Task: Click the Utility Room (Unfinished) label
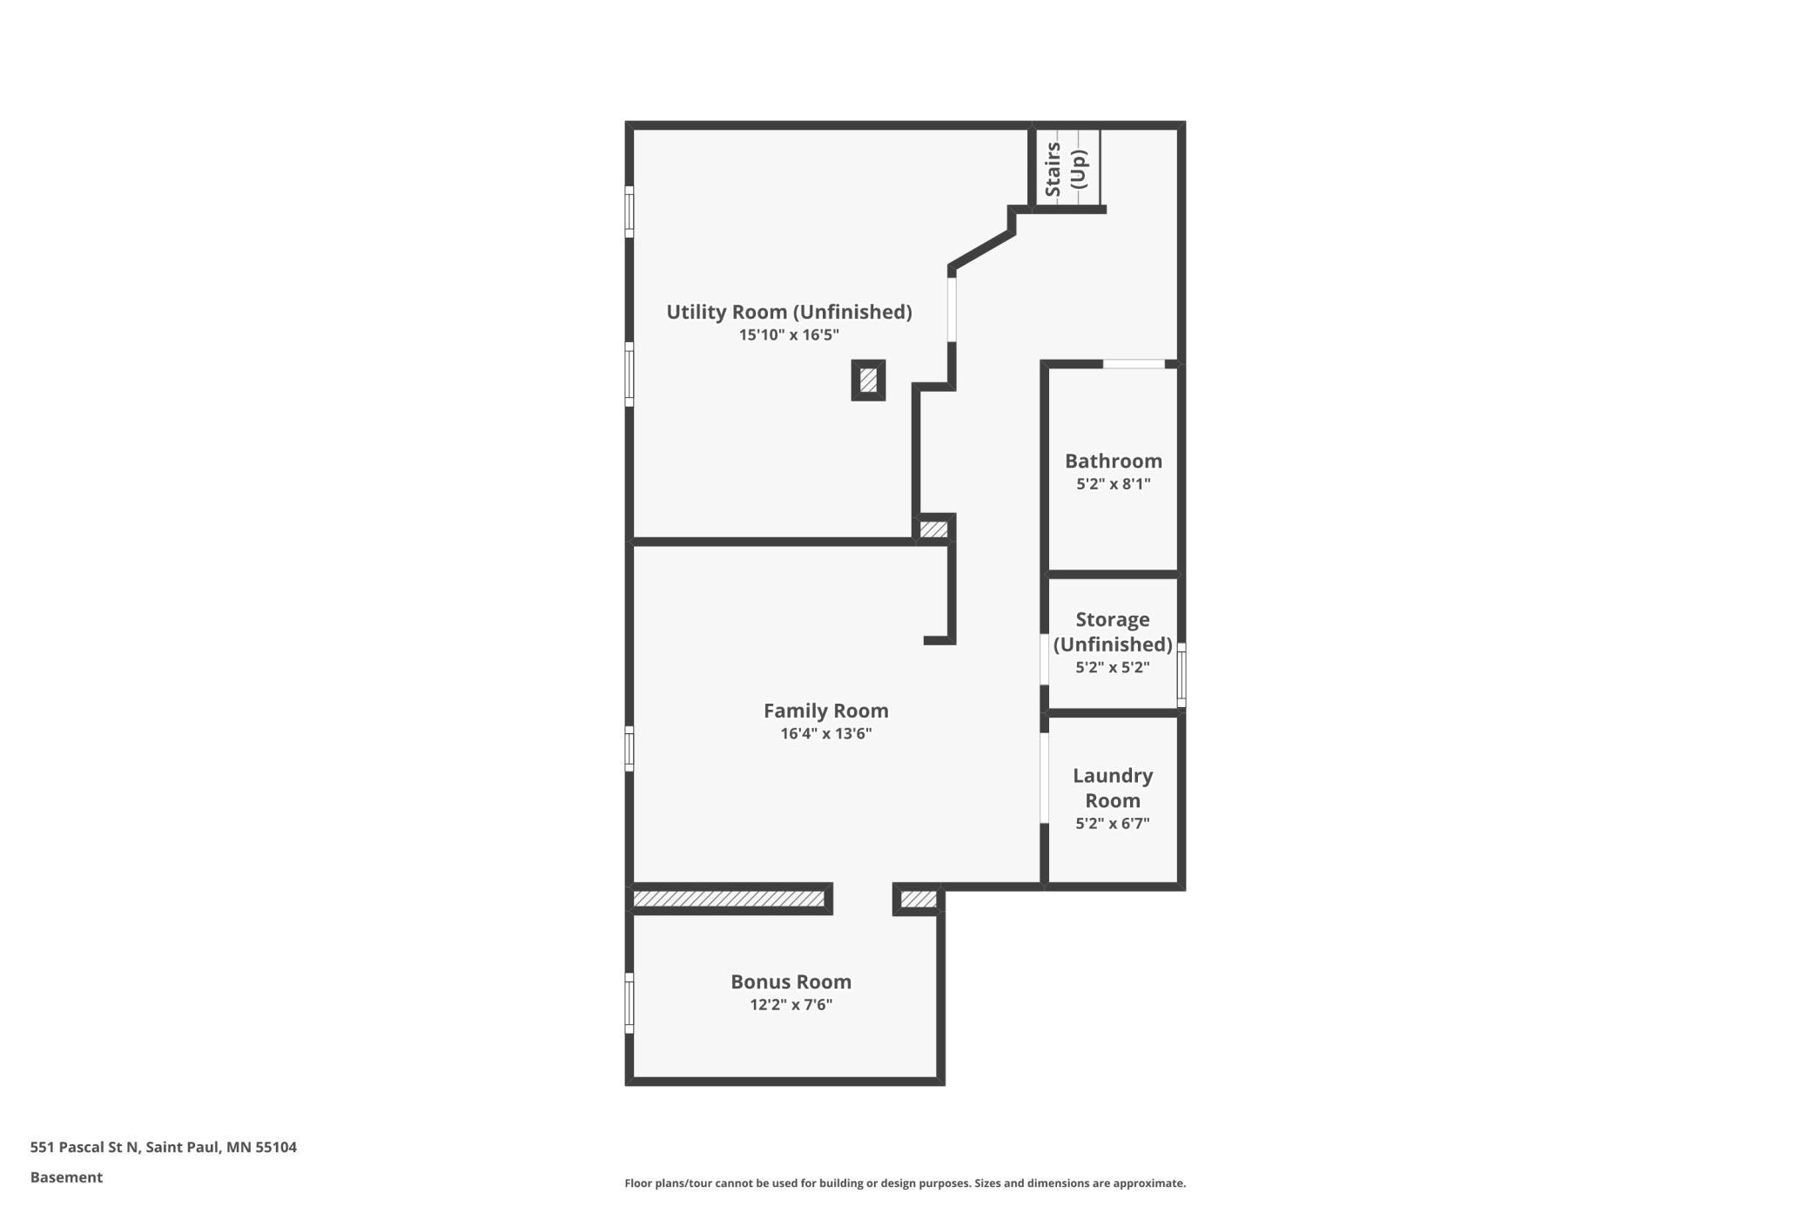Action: pyautogui.click(x=789, y=312)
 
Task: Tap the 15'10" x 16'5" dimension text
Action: pyautogui.click(x=789, y=334)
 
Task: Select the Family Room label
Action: pyautogui.click(x=825, y=711)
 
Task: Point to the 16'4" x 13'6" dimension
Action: pyautogui.click(x=825, y=733)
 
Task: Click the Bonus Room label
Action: pyautogui.click(x=791, y=981)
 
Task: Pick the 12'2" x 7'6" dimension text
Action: pyautogui.click(x=791, y=1004)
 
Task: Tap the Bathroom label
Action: pyautogui.click(x=1113, y=461)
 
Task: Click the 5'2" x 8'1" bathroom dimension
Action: pyautogui.click(x=1113, y=483)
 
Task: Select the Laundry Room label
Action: pyautogui.click(x=1113, y=787)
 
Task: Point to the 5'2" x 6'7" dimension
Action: pyautogui.click(x=1113, y=823)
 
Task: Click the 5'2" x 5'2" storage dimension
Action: pyautogui.click(x=1113, y=667)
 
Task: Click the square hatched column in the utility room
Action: pyautogui.click(x=868, y=381)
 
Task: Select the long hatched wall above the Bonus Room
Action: pyautogui.click(x=729, y=899)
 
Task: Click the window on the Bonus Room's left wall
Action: pyautogui.click(x=629, y=1003)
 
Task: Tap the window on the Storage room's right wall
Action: pyautogui.click(x=1182, y=674)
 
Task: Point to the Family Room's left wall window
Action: pyautogui.click(x=629, y=748)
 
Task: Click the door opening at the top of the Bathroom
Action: pyautogui.click(x=1134, y=364)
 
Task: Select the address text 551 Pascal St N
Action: pyautogui.click(x=84, y=1147)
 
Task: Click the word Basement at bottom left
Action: pyautogui.click(x=66, y=1177)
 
